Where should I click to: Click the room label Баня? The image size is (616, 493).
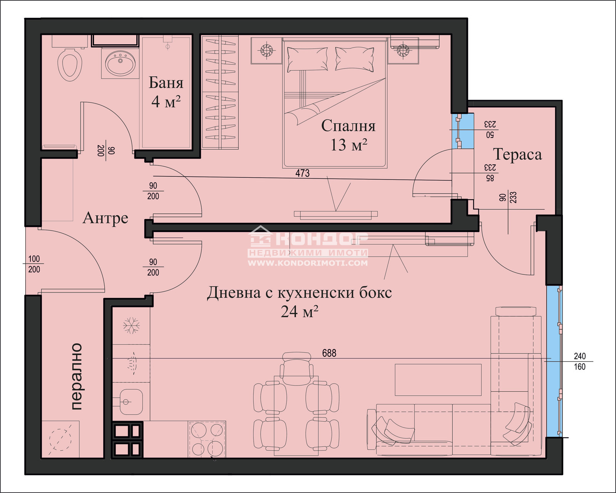click(166, 83)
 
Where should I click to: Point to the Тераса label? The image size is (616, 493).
click(517, 154)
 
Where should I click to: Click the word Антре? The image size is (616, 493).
click(105, 218)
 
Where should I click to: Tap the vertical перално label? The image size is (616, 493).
click(77, 376)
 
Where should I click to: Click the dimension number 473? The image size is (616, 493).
click(303, 173)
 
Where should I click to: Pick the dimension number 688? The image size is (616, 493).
click(329, 353)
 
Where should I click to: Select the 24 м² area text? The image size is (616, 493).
click(300, 311)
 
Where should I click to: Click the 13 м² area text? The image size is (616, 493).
click(349, 145)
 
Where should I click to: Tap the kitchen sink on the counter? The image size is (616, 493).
click(131, 402)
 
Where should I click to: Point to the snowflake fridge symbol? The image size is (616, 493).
click(131, 325)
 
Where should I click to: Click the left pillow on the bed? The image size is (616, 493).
click(307, 59)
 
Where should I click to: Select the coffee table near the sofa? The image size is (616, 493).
click(438, 380)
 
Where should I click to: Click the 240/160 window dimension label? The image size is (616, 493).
click(580, 361)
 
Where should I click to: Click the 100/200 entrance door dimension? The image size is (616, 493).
click(34, 264)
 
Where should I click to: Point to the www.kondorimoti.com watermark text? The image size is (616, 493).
click(308, 263)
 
